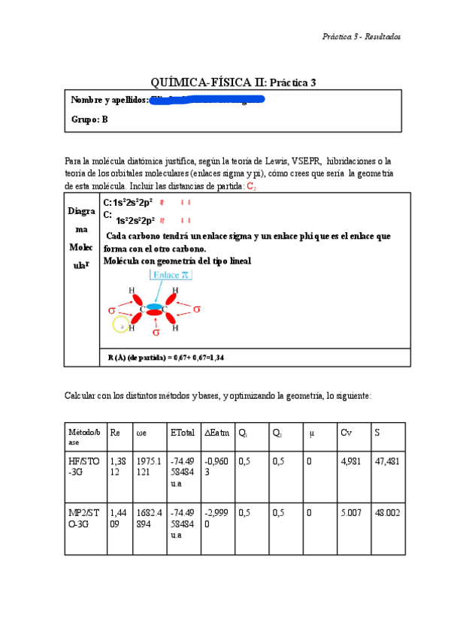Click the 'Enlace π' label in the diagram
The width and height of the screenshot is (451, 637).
click(172, 276)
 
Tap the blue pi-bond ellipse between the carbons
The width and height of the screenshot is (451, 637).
click(155, 307)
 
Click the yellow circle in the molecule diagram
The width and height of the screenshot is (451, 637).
click(120, 325)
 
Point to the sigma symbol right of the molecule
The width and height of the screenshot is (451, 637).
click(197, 309)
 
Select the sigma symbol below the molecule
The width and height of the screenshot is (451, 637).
click(156, 331)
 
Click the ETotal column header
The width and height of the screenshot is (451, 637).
click(183, 433)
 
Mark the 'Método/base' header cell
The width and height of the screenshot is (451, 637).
click(83, 437)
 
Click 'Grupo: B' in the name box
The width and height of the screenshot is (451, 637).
click(89, 119)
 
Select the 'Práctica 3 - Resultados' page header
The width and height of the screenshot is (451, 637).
click(361, 36)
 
